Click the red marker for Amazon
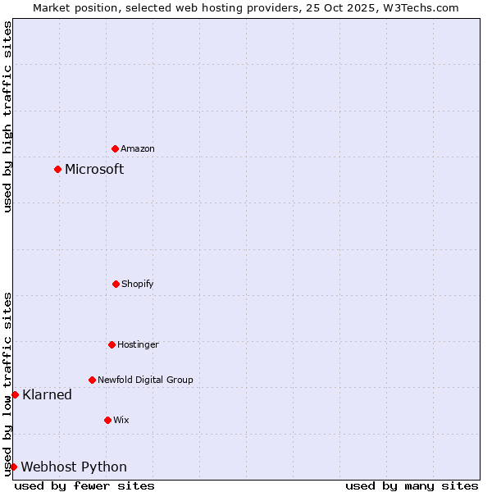click(115, 148)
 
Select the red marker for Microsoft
click(57, 169)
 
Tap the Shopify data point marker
click(116, 284)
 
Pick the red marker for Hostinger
click(112, 344)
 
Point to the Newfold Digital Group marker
click(92, 380)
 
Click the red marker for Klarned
click(15, 394)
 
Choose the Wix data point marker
click(107, 420)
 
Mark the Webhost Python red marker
click(14, 467)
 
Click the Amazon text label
click(138, 148)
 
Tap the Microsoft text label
click(94, 169)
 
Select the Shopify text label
click(138, 284)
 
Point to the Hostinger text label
click(138, 344)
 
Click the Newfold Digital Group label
click(145, 380)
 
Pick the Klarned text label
click(48, 394)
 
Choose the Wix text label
click(121, 420)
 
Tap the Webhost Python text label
click(74, 467)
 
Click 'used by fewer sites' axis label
click(84, 485)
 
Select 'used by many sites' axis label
click(412, 485)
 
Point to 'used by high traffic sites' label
click(7, 116)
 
